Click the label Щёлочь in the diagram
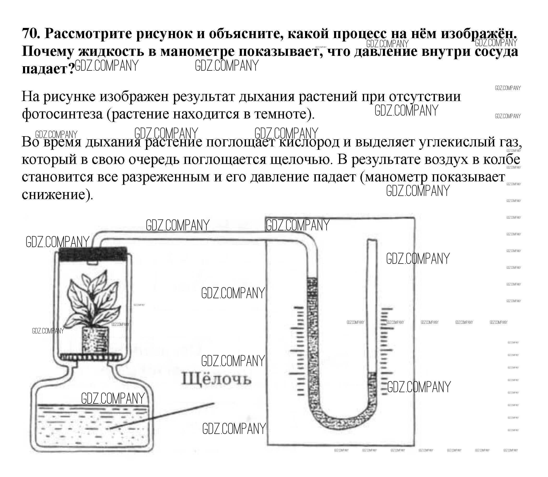216,379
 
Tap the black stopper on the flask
92,254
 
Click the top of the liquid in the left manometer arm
312,279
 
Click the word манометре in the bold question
197,52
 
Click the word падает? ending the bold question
48,69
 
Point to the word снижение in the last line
56,195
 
